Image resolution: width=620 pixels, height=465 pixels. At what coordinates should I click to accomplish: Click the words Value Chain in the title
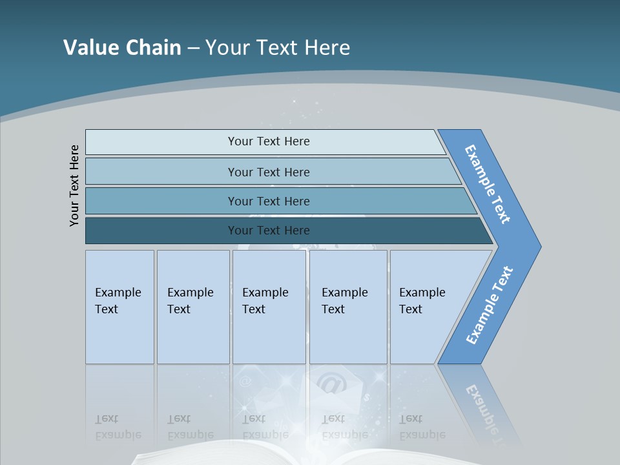[x=122, y=47]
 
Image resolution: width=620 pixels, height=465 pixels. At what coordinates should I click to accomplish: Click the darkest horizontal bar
[x=161, y=231]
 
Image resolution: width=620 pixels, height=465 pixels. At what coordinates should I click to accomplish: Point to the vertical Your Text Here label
[x=74, y=185]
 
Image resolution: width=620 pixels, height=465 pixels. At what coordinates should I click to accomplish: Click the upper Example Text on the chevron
[x=488, y=184]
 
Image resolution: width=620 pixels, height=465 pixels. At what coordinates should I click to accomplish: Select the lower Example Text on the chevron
[x=490, y=305]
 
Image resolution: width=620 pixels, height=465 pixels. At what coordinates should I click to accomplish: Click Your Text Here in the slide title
[x=278, y=47]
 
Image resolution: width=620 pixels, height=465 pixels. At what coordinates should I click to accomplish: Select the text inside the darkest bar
[x=269, y=231]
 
